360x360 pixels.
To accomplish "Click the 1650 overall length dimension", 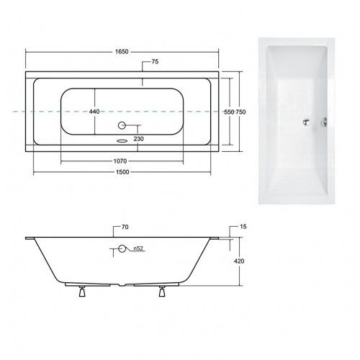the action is (x=122, y=52).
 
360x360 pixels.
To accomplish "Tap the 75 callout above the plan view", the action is (x=155, y=62).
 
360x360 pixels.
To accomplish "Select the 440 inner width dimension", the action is (x=94, y=112).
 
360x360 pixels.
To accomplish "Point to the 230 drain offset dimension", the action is (x=139, y=139).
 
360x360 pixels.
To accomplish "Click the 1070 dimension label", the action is (x=120, y=161).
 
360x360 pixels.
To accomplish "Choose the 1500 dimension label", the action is (x=122, y=172).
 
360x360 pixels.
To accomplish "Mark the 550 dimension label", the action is (x=229, y=112).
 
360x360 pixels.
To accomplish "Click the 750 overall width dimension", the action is (x=240, y=112).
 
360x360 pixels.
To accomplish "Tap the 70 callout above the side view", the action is (x=125, y=227).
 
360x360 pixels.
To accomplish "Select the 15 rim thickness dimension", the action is (x=243, y=227).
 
